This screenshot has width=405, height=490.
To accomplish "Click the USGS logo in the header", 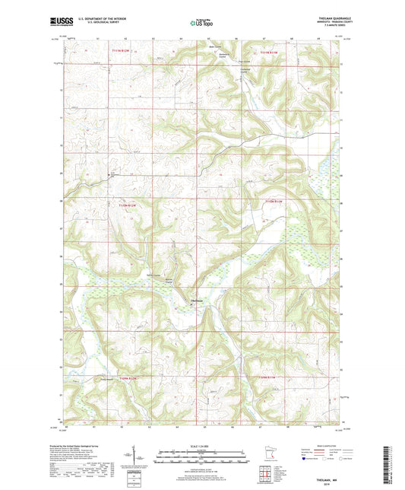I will coord(60,23).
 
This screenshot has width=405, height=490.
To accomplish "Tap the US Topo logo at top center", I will coord(201,24).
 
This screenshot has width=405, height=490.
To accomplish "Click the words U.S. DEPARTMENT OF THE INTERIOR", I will coord(101,21).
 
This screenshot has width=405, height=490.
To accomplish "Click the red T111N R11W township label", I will coord(270,52).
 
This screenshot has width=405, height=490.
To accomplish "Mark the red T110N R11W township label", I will coord(274,201).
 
